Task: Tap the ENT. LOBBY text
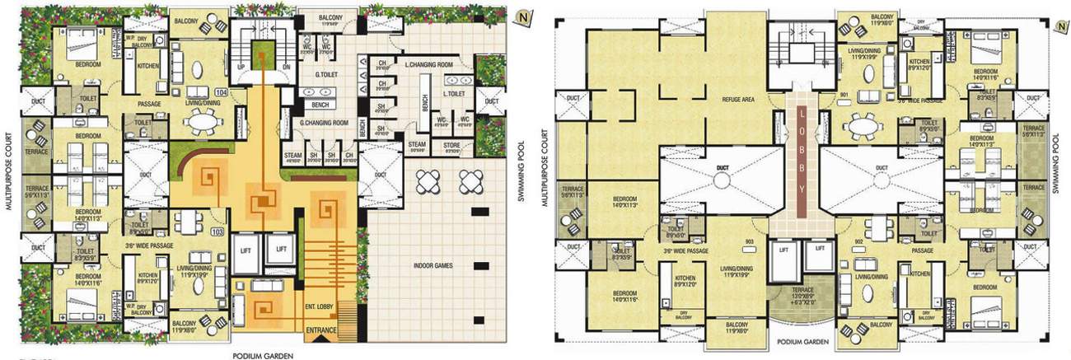click(x=318, y=306)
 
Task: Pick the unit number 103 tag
click(x=217, y=232)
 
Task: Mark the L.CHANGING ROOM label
click(x=430, y=63)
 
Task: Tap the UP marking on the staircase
click(x=241, y=66)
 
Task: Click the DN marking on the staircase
click(x=286, y=66)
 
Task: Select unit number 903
click(x=749, y=241)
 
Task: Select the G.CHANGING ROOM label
click(x=324, y=123)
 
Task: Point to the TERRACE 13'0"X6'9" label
click(x=797, y=297)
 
